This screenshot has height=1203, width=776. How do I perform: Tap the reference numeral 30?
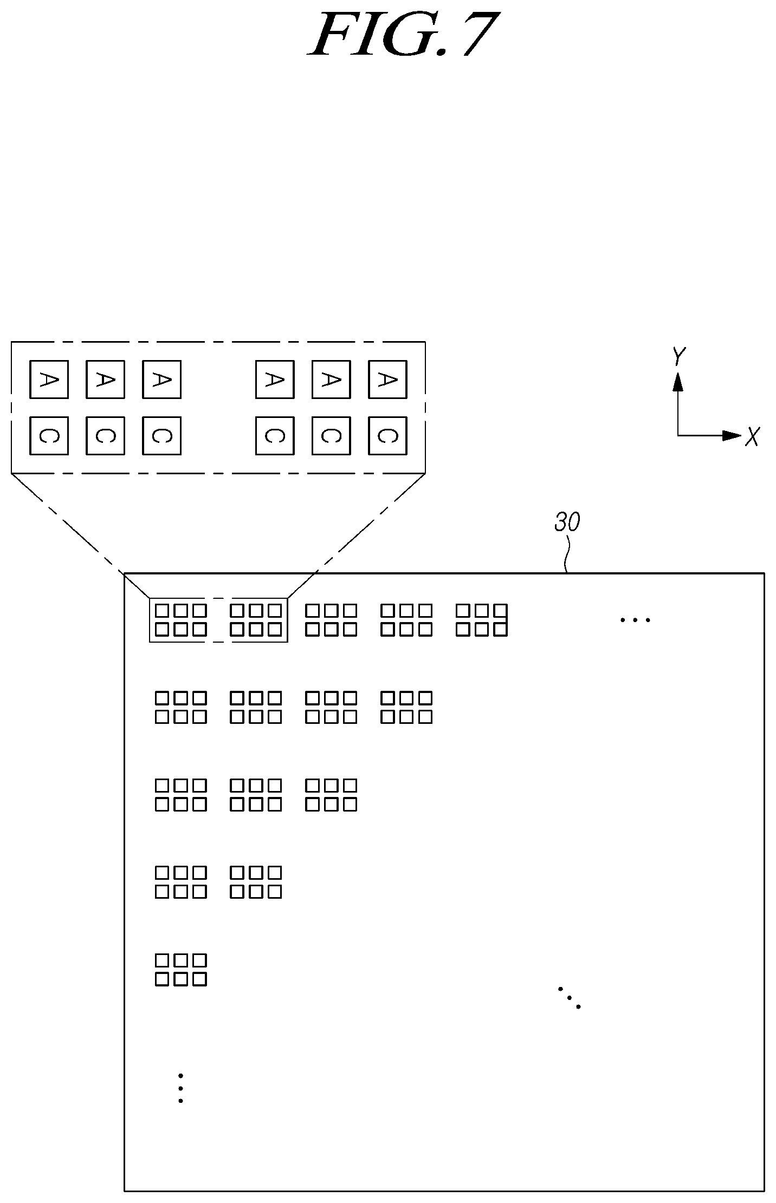(567, 522)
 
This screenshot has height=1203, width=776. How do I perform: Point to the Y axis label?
(678, 357)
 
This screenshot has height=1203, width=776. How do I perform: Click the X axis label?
(752, 436)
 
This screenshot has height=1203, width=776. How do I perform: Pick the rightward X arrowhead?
(731, 435)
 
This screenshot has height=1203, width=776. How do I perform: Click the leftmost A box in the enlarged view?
(49, 380)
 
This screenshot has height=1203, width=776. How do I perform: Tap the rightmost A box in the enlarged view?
(387, 380)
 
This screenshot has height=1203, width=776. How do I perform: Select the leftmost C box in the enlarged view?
(49, 436)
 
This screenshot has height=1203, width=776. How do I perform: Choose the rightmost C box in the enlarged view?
(387, 436)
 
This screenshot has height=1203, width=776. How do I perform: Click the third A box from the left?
(161, 380)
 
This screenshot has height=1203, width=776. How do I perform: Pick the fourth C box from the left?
(275, 436)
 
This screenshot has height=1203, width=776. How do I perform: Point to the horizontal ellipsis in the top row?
(635, 619)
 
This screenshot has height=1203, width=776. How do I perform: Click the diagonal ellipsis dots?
(569, 997)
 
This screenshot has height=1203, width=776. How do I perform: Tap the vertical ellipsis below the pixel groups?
(180, 1088)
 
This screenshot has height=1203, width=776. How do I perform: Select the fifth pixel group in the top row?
(482, 620)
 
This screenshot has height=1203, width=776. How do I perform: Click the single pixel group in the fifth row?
(181, 970)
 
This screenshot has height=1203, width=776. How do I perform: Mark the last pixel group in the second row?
(406, 708)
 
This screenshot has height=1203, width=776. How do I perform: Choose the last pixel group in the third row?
(331, 795)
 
